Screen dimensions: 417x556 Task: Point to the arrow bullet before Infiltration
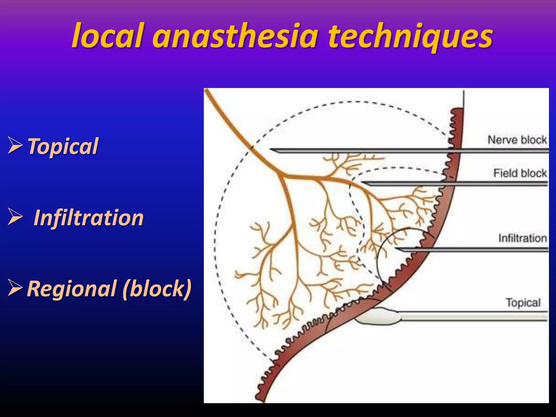(15, 217)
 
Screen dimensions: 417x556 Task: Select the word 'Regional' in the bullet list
(72, 288)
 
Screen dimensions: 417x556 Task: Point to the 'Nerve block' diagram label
(517, 140)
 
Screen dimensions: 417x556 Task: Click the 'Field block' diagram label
(520, 173)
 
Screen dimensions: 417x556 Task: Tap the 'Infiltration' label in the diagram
(523, 238)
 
